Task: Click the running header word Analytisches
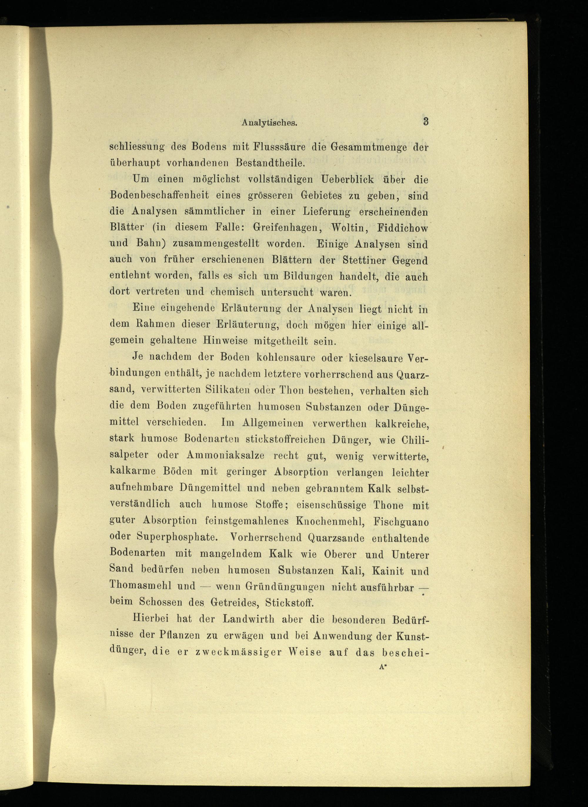(x=269, y=123)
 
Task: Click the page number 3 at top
(x=425, y=121)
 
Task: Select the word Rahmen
(x=155, y=325)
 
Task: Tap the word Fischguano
(x=401, y=522)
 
